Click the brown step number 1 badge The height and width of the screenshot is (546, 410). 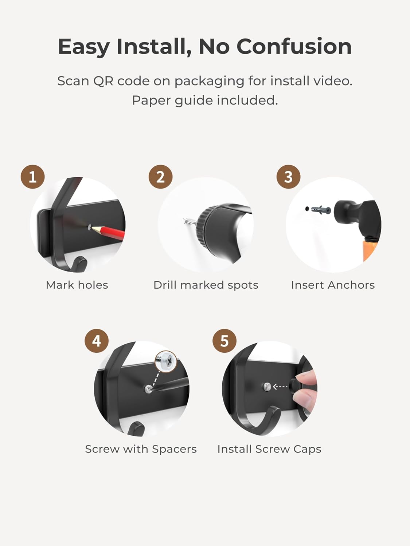32,177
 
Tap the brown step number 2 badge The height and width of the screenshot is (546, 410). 161,177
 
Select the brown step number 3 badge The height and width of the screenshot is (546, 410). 289,177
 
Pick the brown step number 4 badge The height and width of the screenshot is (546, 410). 97,341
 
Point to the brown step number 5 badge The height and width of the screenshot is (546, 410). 224,341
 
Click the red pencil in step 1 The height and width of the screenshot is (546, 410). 108,232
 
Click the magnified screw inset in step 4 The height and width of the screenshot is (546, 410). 166,361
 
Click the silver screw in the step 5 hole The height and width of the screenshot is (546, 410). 267,386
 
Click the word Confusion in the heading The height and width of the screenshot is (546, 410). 294,47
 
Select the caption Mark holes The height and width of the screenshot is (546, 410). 77,285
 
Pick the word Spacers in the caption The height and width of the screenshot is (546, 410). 174,449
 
